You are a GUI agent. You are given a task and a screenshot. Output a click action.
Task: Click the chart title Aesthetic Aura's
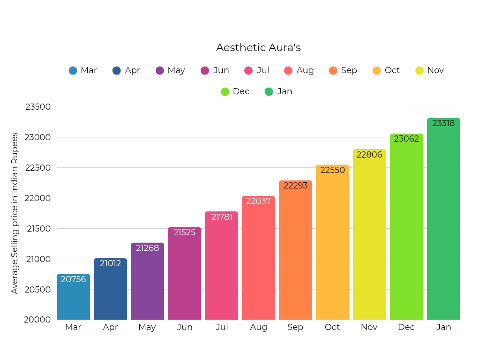[x=258, y=48]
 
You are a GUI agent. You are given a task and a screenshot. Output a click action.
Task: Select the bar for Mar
[x=73, y=298]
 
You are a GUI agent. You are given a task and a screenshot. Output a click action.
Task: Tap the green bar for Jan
[x=443, y=220]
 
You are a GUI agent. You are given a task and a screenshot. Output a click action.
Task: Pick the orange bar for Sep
[x=295, y=251]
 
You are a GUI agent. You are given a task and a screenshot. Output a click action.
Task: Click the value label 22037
[x=258, y=201]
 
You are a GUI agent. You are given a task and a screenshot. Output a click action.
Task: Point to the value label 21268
[x=147, y=248]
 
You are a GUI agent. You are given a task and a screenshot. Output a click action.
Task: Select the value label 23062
[x=406, y=139]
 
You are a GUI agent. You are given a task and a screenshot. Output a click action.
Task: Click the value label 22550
[x=332, y=170]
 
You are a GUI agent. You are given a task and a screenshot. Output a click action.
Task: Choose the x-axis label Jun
[x=185, y=327]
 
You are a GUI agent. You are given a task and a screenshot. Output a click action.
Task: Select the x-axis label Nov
[x=369, y=327]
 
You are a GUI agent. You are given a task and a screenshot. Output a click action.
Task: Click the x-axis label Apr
[x=110, y=327]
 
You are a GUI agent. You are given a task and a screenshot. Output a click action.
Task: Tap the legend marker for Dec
[x=225, y=91]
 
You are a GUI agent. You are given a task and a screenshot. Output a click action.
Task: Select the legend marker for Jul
[x=248, y=70]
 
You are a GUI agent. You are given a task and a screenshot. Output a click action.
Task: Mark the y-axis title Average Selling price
[x=15, y=213]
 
